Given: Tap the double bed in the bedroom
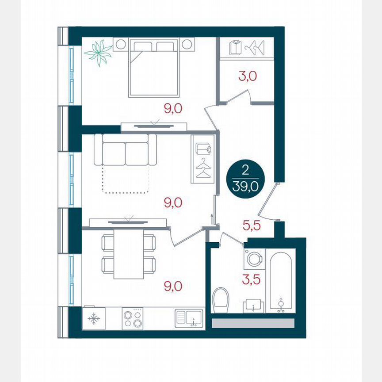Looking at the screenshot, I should [154, 69].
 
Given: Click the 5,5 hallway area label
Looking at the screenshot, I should [252, 226].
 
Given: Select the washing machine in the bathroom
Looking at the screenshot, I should [255, 259].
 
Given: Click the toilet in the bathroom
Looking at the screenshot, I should [221, 299].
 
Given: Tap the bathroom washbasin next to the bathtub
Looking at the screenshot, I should [253, 305].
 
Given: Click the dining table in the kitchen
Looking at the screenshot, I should [129, 255].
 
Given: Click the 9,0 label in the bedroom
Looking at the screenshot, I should [173, 108].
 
